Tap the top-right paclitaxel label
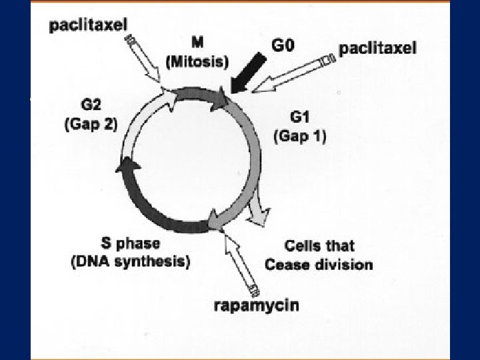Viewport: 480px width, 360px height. point(378,47)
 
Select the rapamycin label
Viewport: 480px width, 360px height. point(257,307)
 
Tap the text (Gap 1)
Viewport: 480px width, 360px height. point(300,136)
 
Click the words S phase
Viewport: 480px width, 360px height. point(130,244)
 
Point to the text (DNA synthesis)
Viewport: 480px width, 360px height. point(131,262)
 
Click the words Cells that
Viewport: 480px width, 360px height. point(319,246)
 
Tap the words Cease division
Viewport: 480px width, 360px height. point(319,265)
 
